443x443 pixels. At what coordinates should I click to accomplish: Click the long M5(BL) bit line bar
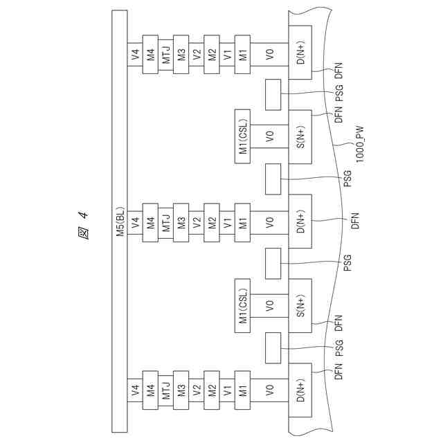(x=119, y=221)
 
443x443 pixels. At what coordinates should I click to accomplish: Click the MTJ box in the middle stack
(x=166, y=223)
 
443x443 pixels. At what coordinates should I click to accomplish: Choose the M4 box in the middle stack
(x=150, y=223)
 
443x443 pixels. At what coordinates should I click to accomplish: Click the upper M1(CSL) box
(x=243, y=137)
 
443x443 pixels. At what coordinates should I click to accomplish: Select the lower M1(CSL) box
(x=243, y=306)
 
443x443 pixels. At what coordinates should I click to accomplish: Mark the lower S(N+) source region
(x=300, y=306)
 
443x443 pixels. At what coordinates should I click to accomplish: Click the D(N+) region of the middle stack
(x=300, y=222)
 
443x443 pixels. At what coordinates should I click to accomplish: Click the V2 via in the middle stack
(x=197, y=223)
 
